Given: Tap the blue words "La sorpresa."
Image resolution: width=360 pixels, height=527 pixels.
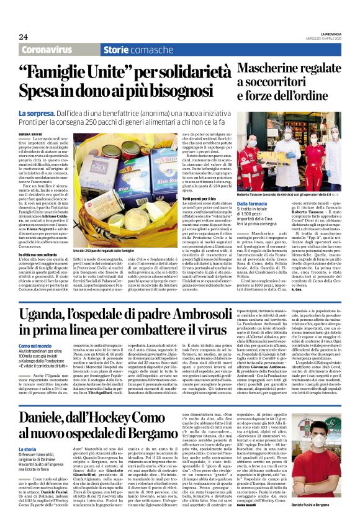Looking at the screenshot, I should (37, 114).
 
